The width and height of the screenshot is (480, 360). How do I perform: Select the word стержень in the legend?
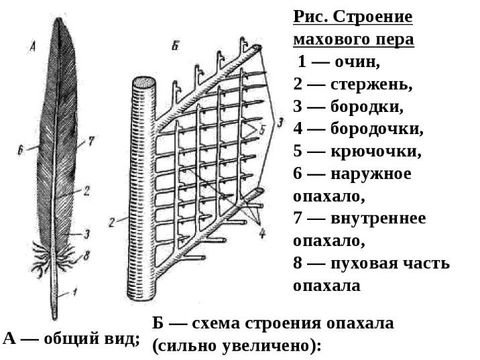(367, 85)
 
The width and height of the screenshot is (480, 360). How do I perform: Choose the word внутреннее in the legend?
(378, 219)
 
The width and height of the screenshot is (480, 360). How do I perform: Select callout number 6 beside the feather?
(21, 152)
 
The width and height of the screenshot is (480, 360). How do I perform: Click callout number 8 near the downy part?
(86, 255)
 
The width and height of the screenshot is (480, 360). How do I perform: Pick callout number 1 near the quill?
(75, 292)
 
